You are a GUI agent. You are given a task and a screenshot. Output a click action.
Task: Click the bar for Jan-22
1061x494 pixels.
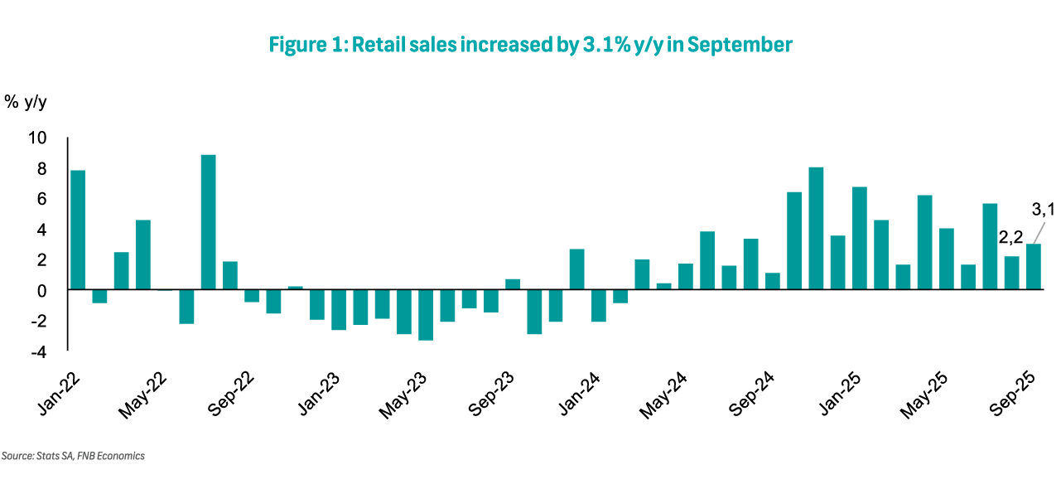click(78, 230)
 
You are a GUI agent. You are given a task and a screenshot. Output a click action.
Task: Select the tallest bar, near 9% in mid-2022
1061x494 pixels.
click(208, 222)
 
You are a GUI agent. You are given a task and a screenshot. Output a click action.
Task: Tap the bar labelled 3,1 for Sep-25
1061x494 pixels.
click(1033, 266)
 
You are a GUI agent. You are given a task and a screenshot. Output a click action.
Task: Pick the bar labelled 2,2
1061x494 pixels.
click(1011, 273)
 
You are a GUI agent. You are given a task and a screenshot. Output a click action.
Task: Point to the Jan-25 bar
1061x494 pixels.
click(859, 238)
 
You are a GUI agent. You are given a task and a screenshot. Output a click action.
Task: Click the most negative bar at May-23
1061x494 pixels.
click(425, 315)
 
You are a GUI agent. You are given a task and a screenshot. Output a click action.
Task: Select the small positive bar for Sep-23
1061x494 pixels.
click(512, 284)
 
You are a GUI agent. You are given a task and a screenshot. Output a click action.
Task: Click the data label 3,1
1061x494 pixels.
click(1042, 209)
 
